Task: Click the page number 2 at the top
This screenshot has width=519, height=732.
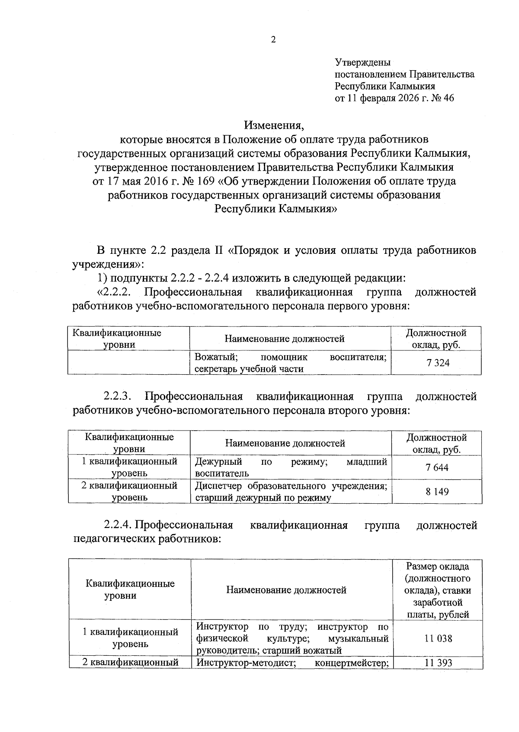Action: point(272,40)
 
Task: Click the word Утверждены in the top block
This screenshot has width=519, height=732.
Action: point(363,63)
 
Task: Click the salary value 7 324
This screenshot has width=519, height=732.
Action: point(438,363)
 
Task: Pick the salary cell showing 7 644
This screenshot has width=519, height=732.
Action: point(437,467)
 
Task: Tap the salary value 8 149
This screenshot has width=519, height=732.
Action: point(437,492)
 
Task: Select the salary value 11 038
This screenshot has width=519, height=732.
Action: point(438,638)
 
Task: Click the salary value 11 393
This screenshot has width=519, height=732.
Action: point(438,663)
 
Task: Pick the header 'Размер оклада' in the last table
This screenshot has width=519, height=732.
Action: point(438,567)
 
